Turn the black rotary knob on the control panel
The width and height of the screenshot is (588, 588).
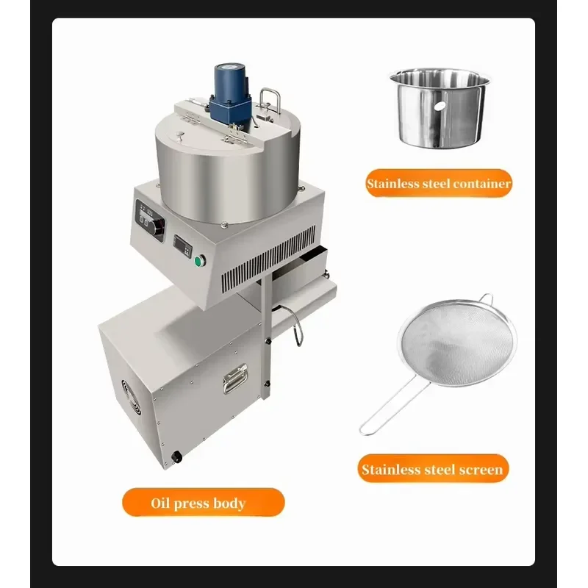(x=158, y=226)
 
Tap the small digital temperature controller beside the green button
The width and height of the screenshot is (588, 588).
(x=182, y=246)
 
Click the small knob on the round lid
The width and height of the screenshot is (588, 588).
(x=180, y=135)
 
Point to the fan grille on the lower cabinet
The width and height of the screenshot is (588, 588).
(x=132, y=397)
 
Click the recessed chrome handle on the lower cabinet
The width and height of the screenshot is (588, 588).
(x=235, y=379)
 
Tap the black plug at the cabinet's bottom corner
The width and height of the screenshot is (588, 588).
(x=176, y=456)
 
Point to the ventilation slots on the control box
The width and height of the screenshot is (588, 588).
(x=268, y=260)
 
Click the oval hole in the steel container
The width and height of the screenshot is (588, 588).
(x=440, y=106)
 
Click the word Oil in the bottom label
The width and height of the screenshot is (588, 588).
(x=160, y=503)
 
